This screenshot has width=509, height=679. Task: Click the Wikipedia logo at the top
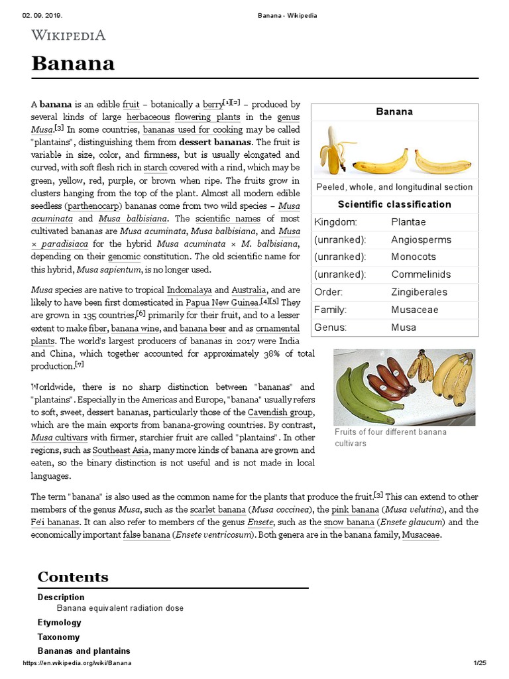coord(68,34)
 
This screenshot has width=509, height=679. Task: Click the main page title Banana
coord(74,64)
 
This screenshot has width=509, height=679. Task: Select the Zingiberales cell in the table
coord(419,292)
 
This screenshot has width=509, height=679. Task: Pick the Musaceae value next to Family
coord(414,310)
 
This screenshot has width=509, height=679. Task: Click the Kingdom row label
coord(335,222)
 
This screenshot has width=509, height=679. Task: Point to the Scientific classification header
coord(394,204)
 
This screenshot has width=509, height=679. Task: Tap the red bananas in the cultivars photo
coord(390,382)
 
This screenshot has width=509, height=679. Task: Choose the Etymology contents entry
coord(60,623)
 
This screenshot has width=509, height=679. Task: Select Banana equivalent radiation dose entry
coord(120,608)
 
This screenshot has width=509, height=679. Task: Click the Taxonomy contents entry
coord(58,637)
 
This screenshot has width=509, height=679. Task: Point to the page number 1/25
coord(480,663)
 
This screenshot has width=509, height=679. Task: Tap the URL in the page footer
coord(77,663)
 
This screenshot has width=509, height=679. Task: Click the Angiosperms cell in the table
coord(421,239)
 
